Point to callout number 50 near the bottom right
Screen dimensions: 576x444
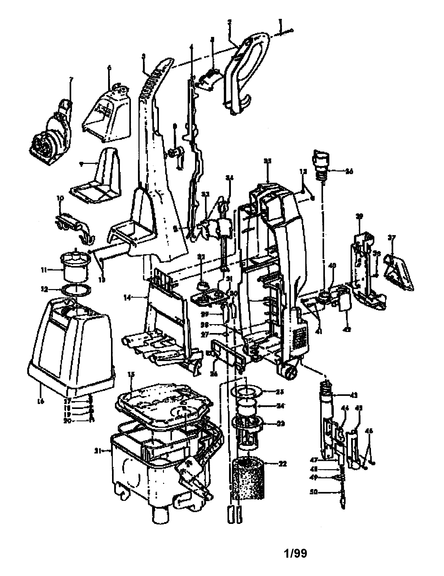(314, 492)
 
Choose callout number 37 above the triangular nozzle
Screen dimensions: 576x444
(392, 238)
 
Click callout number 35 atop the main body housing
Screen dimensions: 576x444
(268, 161)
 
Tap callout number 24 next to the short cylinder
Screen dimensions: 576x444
(281, 406)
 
